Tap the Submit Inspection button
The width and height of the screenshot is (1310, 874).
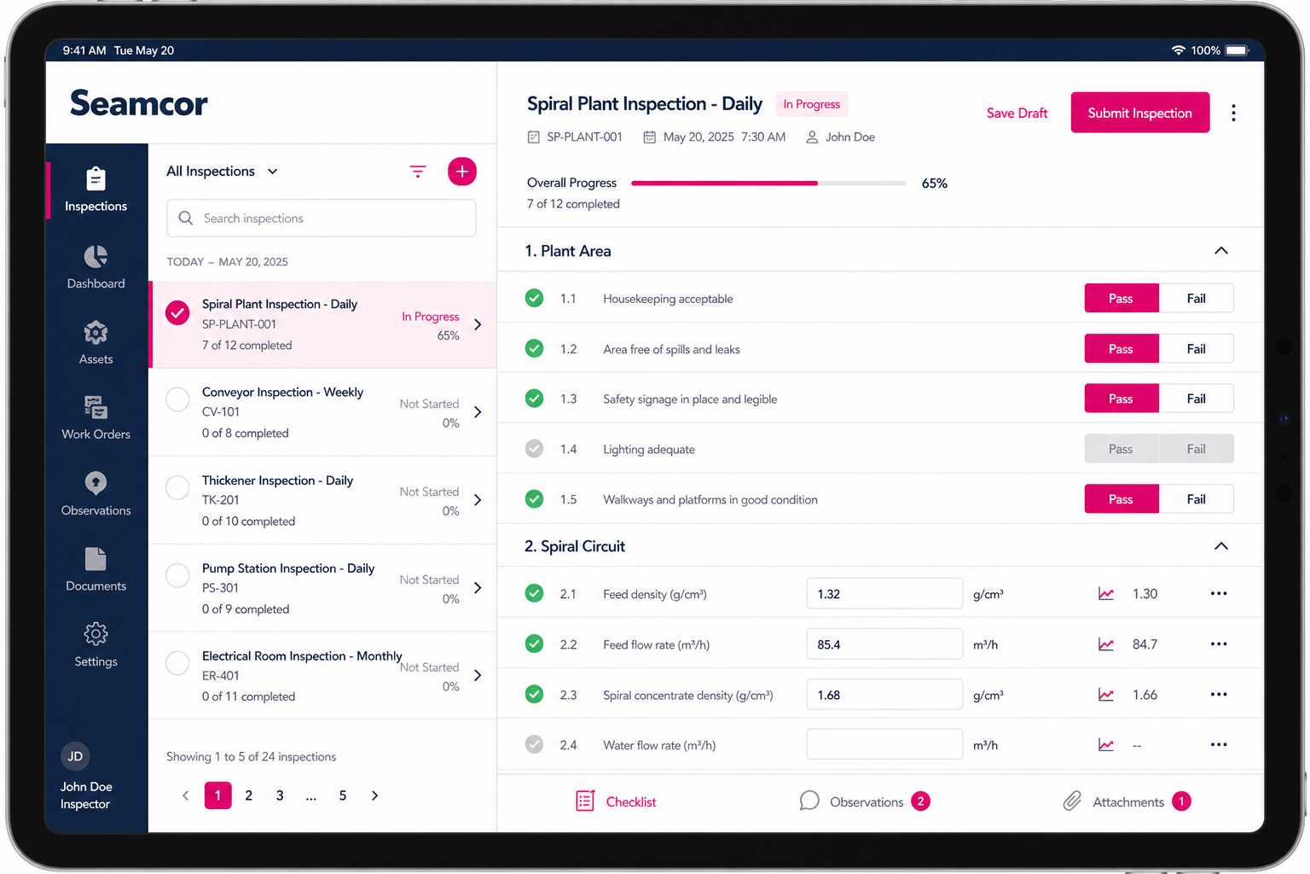click(x=1139, y=113)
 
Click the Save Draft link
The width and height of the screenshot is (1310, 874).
click(x=1017, y=113)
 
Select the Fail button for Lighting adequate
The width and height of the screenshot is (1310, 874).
click(x=1196, y=449)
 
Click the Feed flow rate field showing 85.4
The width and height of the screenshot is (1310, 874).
click(x=884, y=644)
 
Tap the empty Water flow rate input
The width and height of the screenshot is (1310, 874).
click(x=884, y=744)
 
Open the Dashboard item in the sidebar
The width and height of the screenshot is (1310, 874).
click(x=96, y=267)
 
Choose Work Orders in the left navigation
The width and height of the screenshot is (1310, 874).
click(x=96, y=417)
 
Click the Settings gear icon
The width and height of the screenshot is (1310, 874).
click(x=96, y=634)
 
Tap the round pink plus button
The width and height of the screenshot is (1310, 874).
click(x=462, y=172)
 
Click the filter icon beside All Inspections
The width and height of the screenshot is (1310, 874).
click(x=418, y=172)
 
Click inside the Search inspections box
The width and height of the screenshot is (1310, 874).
click(x=321, y=218)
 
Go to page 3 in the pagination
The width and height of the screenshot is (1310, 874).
click(x=280, y=795)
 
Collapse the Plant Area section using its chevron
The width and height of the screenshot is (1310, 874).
click(x=1221, y=251)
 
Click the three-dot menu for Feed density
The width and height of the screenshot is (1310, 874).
click(x=1219, y=593)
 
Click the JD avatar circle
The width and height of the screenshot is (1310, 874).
click(x=75, y=756)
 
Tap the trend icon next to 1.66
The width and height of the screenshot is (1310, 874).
click(x=1106, y=695)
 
